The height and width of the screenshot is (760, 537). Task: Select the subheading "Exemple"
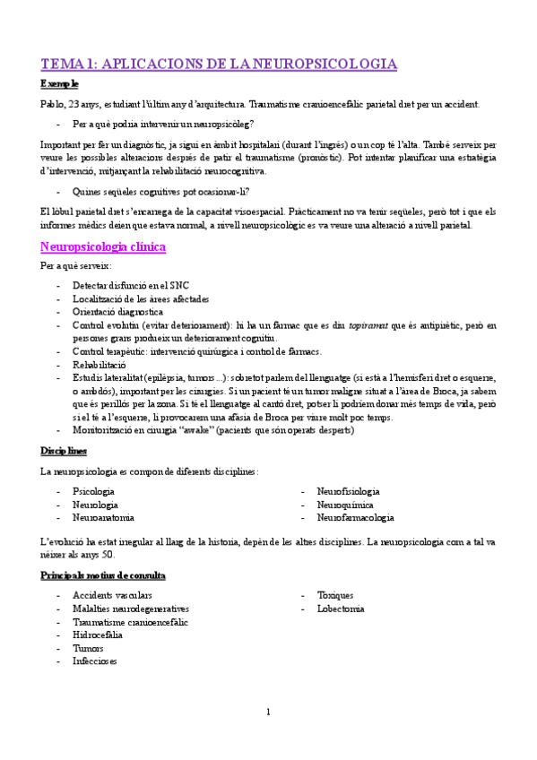(59, 84)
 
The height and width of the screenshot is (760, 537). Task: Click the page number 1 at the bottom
(268, 712)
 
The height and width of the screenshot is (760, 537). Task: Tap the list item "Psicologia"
(93, 491)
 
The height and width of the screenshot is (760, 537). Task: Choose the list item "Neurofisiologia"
(348, 491)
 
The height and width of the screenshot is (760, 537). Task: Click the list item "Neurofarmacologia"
(355, 518)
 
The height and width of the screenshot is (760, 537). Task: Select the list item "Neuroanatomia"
(104, 518)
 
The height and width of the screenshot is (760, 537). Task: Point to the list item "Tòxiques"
(334, 595)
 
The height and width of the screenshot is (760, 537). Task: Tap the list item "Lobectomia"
(340, 609)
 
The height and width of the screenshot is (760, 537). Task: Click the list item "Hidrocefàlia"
(99, 635)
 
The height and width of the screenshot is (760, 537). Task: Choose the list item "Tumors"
(88, 648)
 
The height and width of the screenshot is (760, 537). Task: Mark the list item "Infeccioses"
(94, 661)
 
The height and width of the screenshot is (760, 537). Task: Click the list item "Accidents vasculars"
(113, 595)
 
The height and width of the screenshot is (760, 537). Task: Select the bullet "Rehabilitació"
(100, 365)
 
